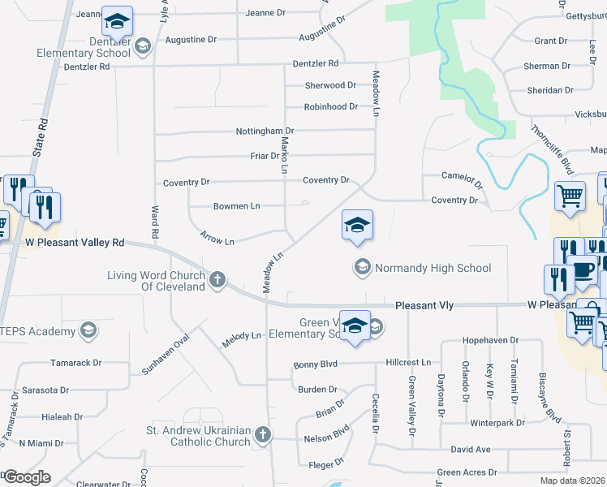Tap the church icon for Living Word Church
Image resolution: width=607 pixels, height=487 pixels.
[x=217, y=281]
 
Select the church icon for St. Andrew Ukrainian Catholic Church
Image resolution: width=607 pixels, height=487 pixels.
[x=262, y=436]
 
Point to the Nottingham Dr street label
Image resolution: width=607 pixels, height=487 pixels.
[x=265, y=131]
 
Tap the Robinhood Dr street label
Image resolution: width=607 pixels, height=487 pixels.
[x=330, y=106]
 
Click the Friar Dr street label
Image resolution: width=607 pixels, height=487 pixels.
[x=265, y=156]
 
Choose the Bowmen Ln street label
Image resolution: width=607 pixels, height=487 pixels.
[x=236, y=206]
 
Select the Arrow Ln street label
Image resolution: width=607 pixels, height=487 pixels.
[x=217, y=241]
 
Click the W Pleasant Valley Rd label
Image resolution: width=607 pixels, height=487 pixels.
[x=75, y=242]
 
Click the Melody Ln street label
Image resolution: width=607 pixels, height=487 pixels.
[x=244, y=334]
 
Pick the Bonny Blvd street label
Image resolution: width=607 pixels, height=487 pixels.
[x=315, y=365]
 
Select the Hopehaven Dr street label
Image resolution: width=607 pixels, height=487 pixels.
[x=489, y=341]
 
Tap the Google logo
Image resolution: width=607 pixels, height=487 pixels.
[x=27, y=477]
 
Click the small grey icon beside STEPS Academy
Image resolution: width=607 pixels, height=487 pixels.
[x=88, y=330]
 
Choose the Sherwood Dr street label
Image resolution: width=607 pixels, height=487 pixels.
[x=330, y=85]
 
